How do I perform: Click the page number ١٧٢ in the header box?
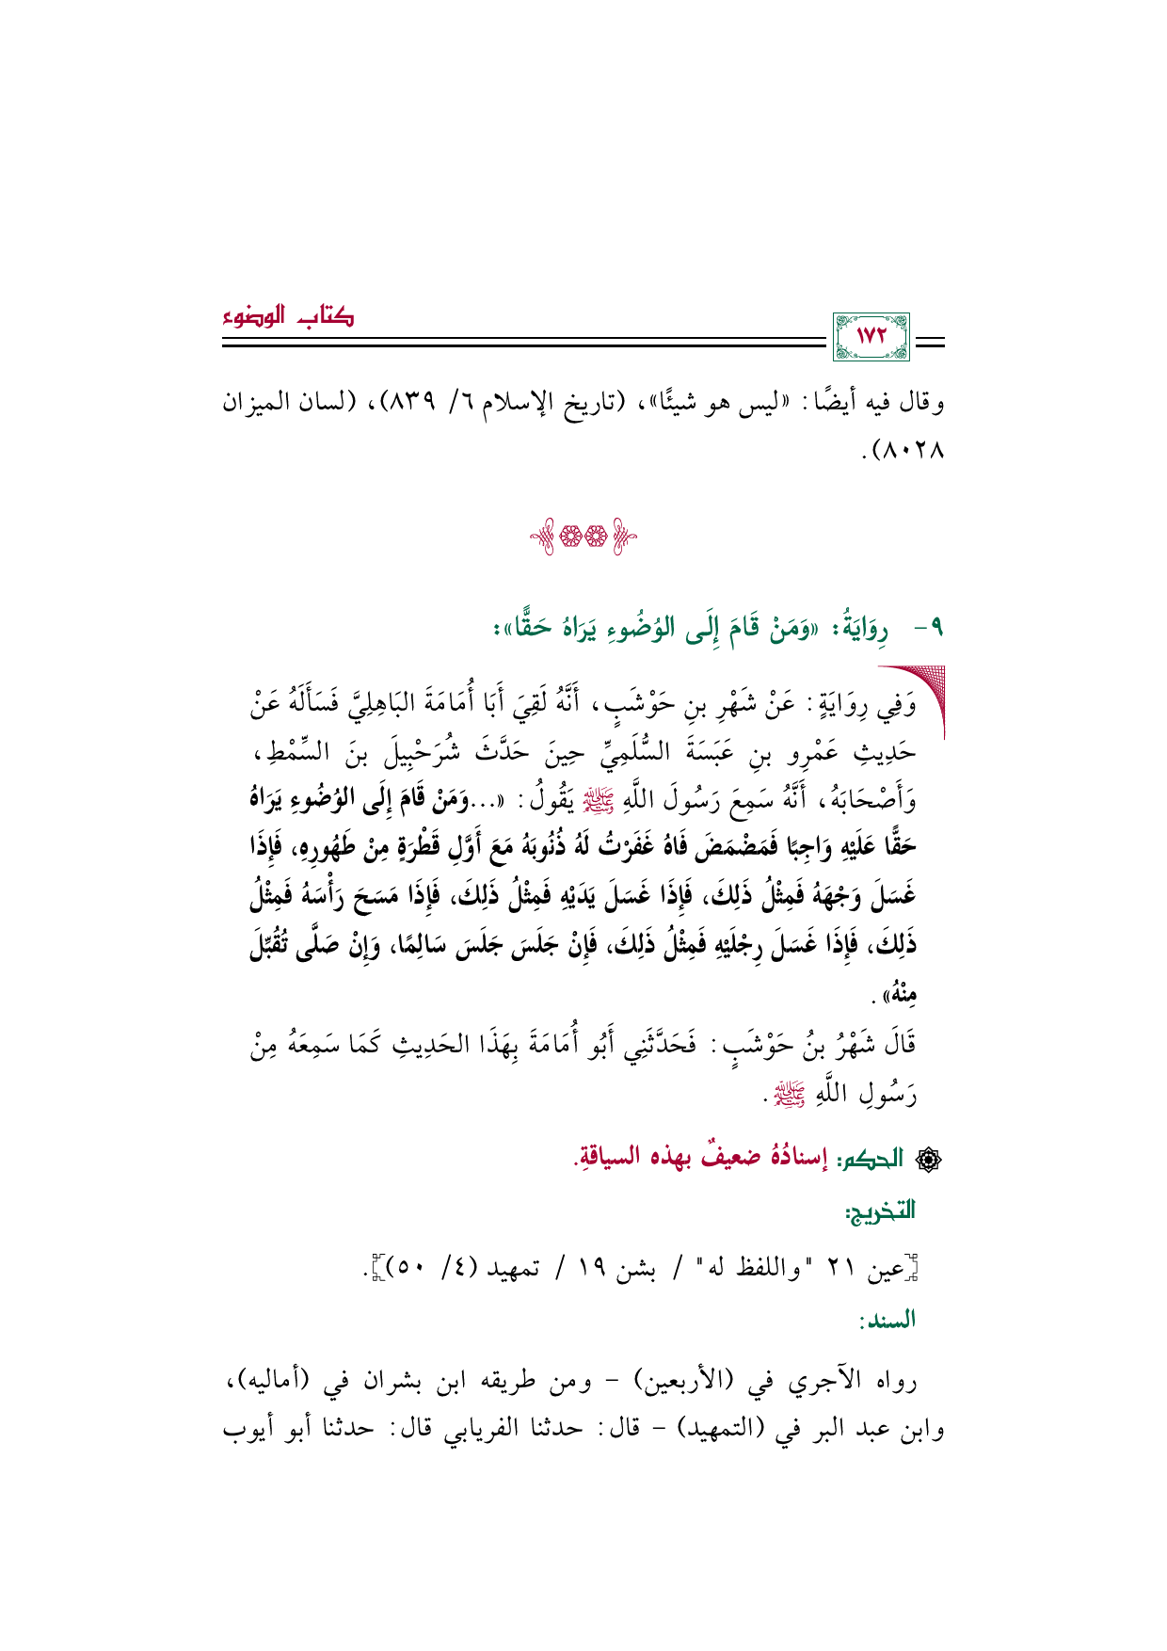click(x=872, y=337)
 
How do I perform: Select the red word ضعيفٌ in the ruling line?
click(x=700, y=1158)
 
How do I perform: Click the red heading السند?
click(x=887, y=1320)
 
